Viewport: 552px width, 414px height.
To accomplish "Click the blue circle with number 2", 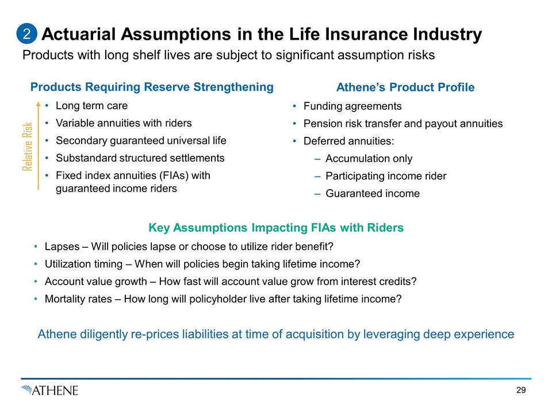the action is click(x=27, y=34).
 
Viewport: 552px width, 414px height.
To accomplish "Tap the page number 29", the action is click(x=521, y=390).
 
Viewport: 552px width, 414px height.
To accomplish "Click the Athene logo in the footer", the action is click(x=49, y=390).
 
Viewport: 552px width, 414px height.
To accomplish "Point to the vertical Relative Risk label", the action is click(x=27, y=147).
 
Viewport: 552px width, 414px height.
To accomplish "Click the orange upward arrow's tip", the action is click(x=39, y=102).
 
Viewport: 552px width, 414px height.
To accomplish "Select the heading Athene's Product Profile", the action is click(x=405, y=87).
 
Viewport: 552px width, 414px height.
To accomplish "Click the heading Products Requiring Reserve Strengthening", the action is click(x=152, y=87).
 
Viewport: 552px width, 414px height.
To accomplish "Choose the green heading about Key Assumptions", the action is click(x=276, y=228).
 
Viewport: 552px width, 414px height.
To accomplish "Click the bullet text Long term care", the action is click(x=91, y=106).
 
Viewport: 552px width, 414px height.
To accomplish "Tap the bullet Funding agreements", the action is click(x=352, y=106).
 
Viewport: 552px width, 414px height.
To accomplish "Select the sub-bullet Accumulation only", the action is click(x=369, y=159).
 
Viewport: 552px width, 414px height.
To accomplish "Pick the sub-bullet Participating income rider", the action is click(x=386, y=176).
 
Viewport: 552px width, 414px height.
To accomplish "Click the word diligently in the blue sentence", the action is click(x=104, y=334).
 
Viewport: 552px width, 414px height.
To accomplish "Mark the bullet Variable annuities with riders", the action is click(x=124, y=123).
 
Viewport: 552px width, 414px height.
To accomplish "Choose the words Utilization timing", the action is click(x=83, y=264).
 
